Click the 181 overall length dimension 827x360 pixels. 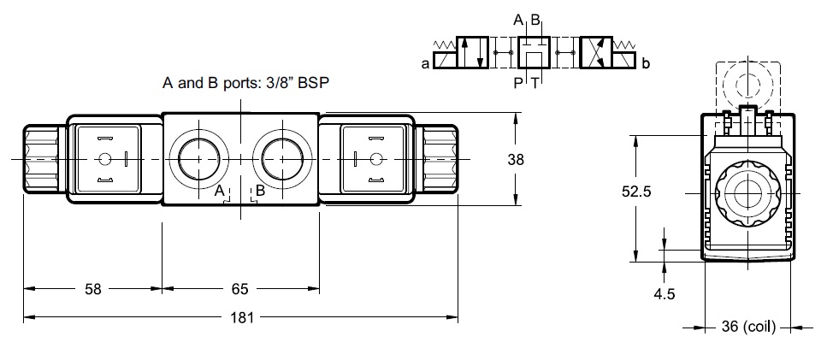[x=243, y=318]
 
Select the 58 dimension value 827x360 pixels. [x=93, y=289]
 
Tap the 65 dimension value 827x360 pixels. [x=240, y=289]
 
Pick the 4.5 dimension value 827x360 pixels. [x=665, y=294]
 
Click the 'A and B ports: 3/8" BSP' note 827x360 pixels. [x=246, y=83]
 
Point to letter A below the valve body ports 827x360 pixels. [x=220, y=191]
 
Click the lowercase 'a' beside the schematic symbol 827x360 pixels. [x=425, y=62]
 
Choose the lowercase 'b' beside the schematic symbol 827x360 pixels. [x=646, y=62]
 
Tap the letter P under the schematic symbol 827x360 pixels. [x=517, y=82]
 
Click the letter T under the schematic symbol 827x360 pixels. [x=535, y=82]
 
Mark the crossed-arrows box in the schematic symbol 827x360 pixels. [x=599, y=53]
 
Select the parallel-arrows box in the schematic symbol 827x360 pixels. [x=472, y=53]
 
